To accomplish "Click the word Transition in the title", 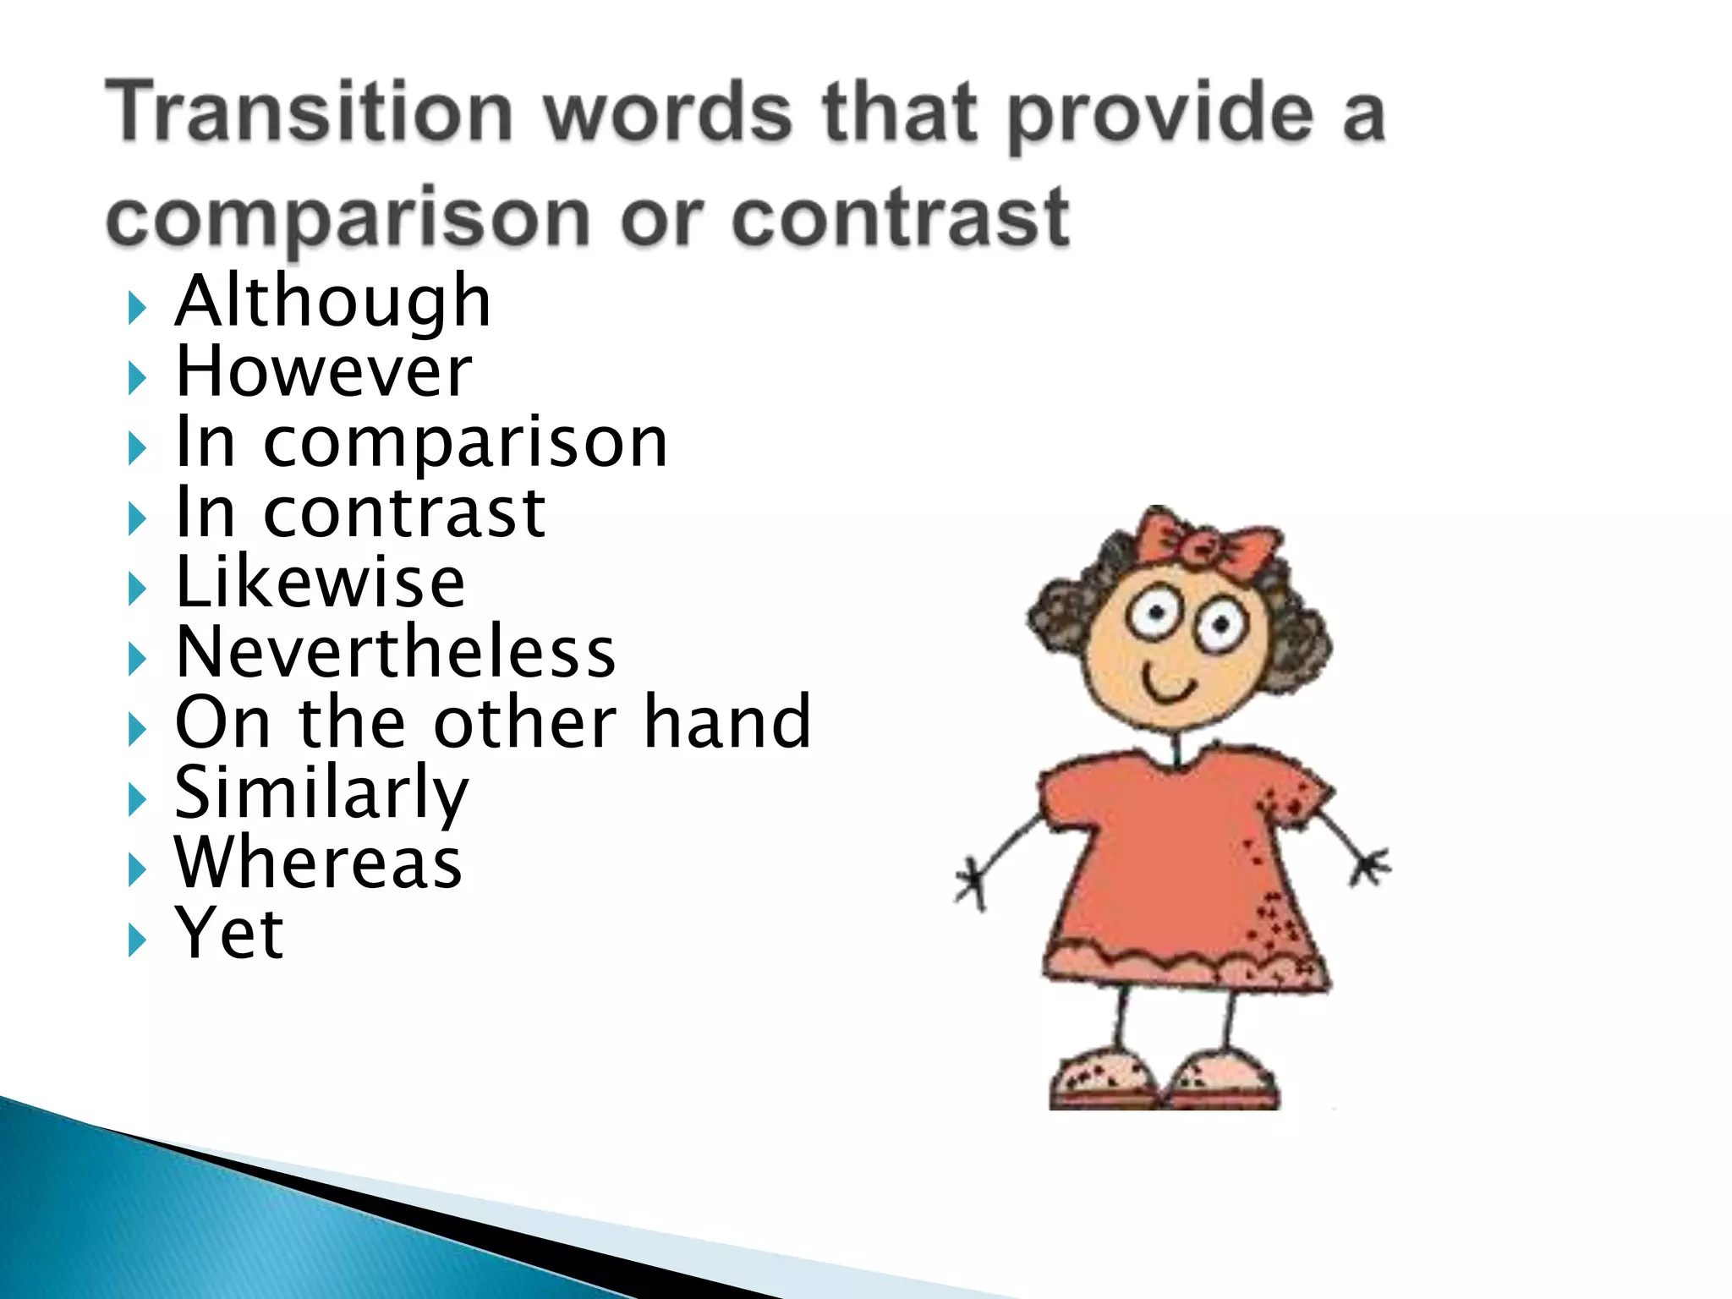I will point(310,112).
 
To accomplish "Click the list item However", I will point(323,372).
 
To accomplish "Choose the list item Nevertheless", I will point(396,653).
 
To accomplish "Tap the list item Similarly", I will point(321,793).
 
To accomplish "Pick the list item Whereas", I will point(318,863).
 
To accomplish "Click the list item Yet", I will point(229,934).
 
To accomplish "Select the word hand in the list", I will point(727,723).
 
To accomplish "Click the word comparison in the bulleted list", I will point(465,442).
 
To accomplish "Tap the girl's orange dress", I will point(1184,863).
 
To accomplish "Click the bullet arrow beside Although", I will point(136,307).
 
